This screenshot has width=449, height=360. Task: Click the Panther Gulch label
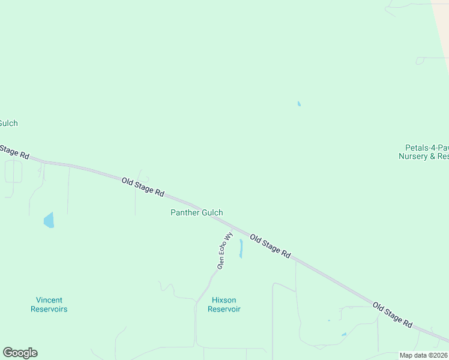pos(197,212)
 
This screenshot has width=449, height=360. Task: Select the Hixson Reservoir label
pos(224,305)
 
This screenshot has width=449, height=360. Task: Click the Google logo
pos(20,353)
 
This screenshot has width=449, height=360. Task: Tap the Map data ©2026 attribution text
pos(424,355)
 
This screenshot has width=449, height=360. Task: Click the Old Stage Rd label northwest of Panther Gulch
pos(143,187)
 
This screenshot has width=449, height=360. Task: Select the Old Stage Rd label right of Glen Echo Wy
pos(270,246)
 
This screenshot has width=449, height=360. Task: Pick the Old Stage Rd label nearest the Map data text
pos(393,314)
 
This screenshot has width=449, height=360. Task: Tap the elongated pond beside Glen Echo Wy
pos(241,248)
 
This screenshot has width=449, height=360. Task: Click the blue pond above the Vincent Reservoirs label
pos(49,220)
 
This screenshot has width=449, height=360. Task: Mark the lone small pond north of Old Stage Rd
pos(299,104)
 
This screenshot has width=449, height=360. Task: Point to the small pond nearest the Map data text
pos(344,334)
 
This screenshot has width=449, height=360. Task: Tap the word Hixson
pos(224,300)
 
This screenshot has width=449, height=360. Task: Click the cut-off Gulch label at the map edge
pos(8,123)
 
